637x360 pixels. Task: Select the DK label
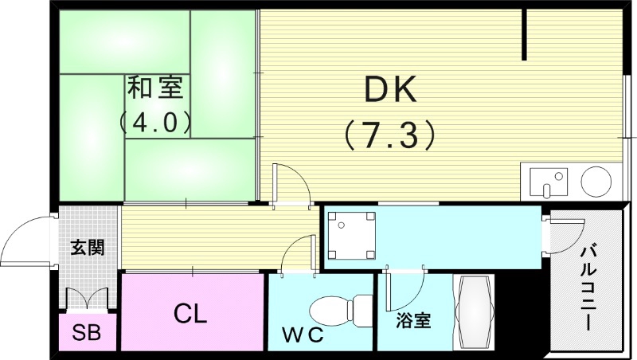click(x=390, y=91)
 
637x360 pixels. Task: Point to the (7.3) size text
click(x=390, y=133)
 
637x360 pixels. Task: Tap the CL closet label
click(x=191, y=313)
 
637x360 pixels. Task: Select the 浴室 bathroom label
click(x=415, y=322)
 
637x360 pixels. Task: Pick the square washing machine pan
click(x=350, y=236)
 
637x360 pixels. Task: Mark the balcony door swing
click(x=561, y=235)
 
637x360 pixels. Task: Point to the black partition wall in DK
click(x=525, y=35)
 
